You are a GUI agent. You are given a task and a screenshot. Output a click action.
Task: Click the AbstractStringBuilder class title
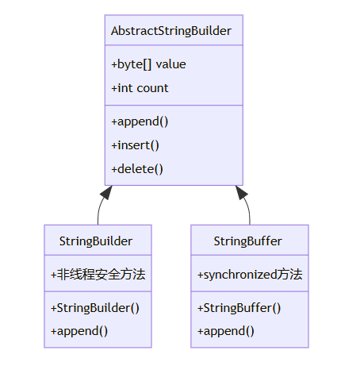point(171,31)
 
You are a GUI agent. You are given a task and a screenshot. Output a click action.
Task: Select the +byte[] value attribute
point(148,64)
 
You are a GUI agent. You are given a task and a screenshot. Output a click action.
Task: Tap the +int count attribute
point(140,88)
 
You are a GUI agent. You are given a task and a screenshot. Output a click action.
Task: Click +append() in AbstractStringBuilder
point(140,121)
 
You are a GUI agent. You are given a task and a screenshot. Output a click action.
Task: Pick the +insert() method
point(135,145)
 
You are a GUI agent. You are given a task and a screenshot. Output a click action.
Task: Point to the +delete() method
point(137,169)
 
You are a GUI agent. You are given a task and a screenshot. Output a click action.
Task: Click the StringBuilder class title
point(96,241)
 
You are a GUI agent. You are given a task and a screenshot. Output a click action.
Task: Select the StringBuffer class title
point(247,241)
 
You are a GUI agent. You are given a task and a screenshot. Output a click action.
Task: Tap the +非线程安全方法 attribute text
point(98,274)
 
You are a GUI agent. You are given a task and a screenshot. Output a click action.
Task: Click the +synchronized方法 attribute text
point(250,275)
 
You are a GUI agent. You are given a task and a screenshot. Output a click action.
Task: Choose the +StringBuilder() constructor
point(95,308)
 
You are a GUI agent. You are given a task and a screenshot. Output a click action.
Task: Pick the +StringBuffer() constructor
point(239,308)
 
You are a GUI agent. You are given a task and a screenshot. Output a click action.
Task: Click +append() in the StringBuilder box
point(79,331)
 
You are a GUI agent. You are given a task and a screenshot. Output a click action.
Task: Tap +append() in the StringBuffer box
point(226,331)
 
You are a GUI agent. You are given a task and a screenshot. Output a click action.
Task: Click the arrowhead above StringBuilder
point(106,192)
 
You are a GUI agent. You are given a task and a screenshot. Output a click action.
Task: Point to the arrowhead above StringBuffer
point(241,192)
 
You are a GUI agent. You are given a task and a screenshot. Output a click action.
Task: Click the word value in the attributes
point(170,64)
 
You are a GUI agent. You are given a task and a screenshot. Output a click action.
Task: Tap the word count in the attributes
point(152,88)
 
